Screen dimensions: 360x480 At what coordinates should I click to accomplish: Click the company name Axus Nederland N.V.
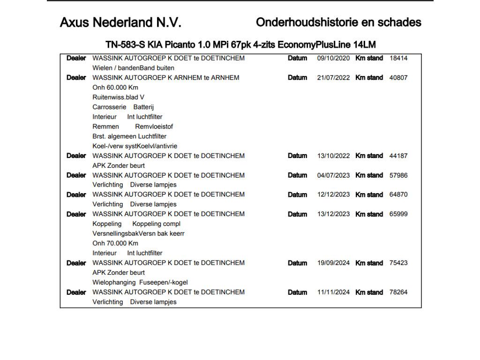click(x=120, y=22)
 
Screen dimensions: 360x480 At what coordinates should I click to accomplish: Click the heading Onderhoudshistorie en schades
click(x=338, y=22)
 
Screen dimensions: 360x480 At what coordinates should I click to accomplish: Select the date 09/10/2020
click(x=333, y=58)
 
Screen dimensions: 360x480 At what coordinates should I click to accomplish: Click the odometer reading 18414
click(x=398, y=58)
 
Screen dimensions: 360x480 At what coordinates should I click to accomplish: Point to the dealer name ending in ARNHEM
click(x=165, y=78)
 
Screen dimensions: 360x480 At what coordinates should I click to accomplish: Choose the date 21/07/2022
click(x=333, y=78)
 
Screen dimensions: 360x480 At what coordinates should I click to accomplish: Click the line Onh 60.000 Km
click(x=115, y=88)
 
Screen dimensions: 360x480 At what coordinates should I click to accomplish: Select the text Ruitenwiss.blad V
click(x=118, y=97)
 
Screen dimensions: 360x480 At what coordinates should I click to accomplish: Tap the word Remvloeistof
click(x=154, y=127)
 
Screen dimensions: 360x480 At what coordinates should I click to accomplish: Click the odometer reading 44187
click(x=398, y=156)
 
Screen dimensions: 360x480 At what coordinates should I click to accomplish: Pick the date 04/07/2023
click(x=333, y=175)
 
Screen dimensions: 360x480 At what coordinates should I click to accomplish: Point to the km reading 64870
click(x=398, y=195)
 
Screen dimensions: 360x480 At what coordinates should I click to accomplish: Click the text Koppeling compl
click(x=156, y=224)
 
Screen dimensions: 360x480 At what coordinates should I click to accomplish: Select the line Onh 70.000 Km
click(x=115, y=243)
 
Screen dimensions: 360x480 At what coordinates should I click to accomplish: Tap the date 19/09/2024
click(x=333, y=263)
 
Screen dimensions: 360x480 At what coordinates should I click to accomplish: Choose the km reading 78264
click(x=398, y=292)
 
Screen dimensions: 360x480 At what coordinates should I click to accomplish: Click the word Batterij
click(x=143, y=107)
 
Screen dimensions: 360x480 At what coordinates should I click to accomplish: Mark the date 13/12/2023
click(x=333, y=214)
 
